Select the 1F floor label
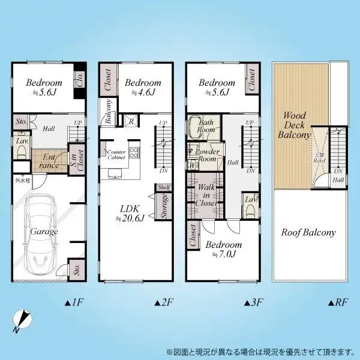72,302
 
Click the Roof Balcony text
309,232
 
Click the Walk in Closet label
207,195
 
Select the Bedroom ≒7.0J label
224,250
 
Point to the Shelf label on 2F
164,188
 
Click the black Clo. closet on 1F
79,80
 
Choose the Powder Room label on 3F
207,155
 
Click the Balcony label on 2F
109,112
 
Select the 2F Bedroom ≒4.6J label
143,87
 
